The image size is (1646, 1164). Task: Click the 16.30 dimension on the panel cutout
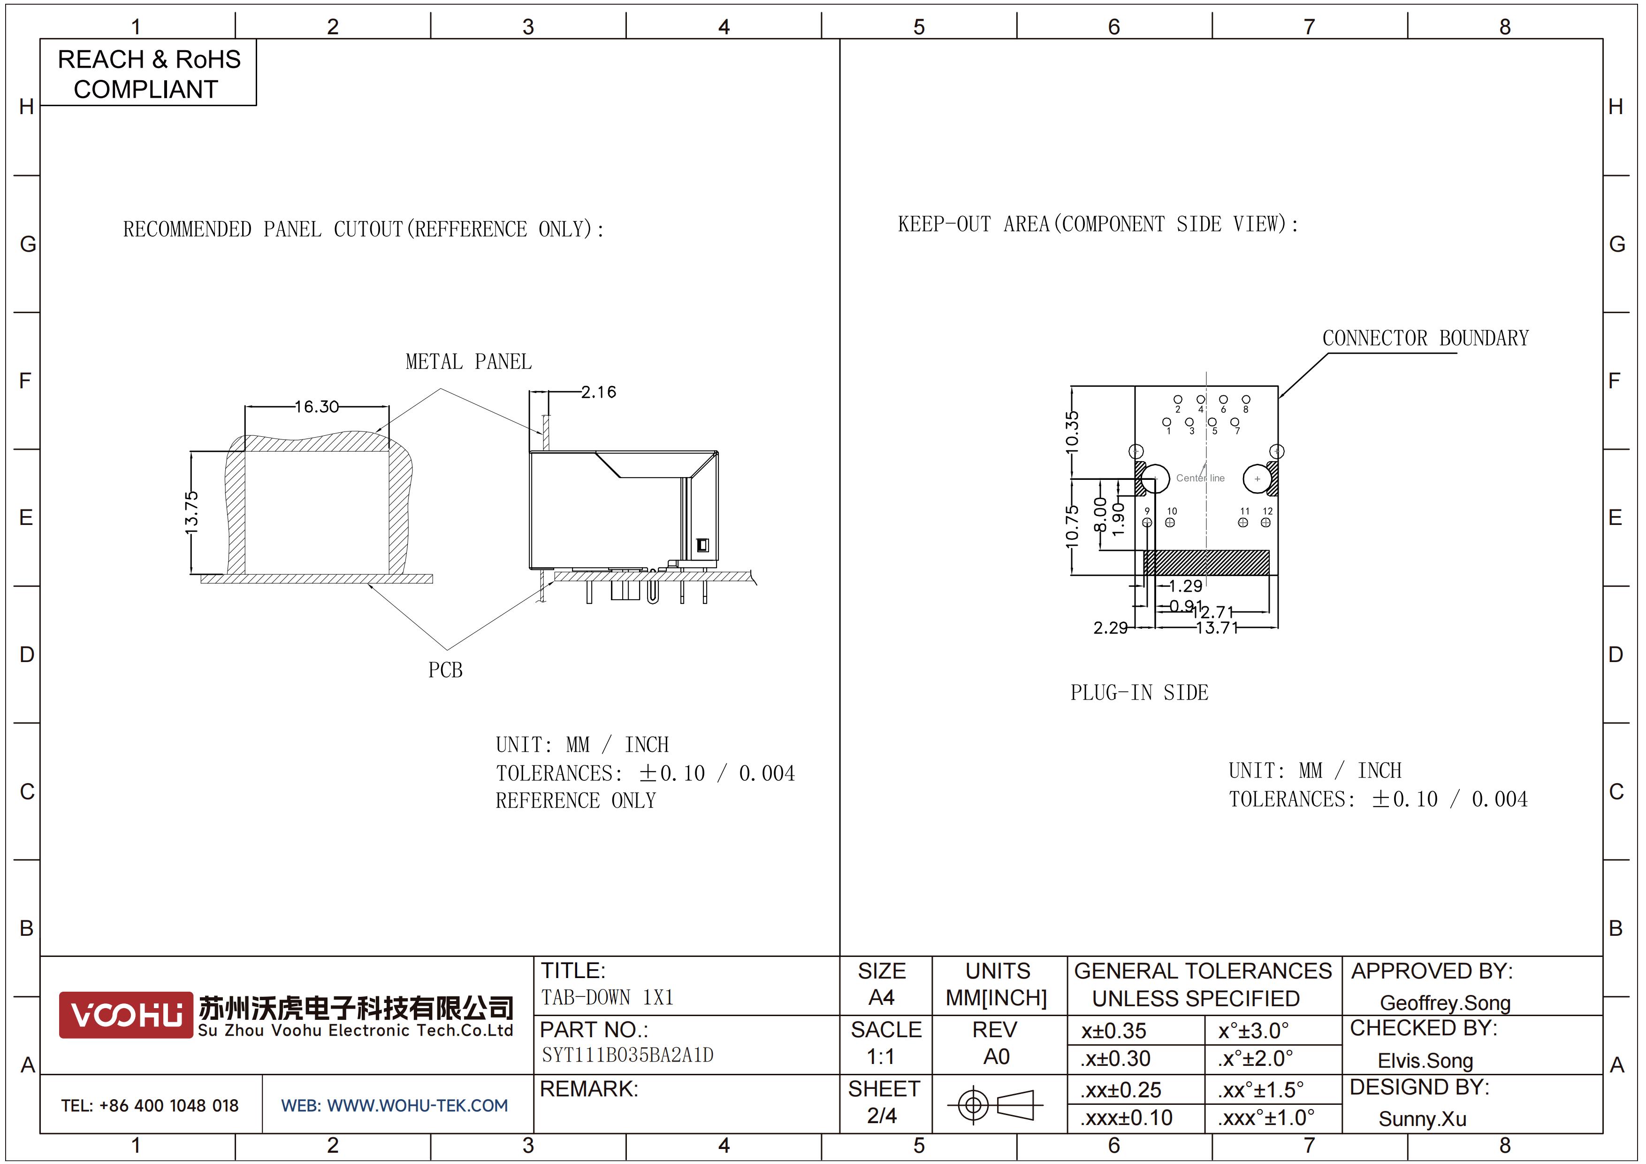[x=317, y=407]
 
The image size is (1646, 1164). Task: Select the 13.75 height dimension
[x=191, y=513]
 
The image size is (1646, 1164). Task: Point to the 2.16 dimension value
[x=599, y=392]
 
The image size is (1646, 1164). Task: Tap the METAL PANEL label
[x=469, y=362]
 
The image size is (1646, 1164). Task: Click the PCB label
[x=445, y=670]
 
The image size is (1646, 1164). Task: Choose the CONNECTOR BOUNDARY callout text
[x=1425, y=338]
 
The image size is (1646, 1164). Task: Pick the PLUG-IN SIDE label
[x=1139, y=692]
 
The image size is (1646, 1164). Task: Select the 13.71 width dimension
[x=1217, y=628]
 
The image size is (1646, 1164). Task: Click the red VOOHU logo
[x=126, y=1015]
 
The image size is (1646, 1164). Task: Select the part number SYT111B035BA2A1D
[x=627, y=1055]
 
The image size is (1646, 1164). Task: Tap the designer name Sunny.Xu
[x=1422, y=1119]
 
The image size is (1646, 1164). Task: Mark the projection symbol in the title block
[x=995, y=1104]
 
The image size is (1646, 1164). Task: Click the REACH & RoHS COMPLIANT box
[x=148, y=73]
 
